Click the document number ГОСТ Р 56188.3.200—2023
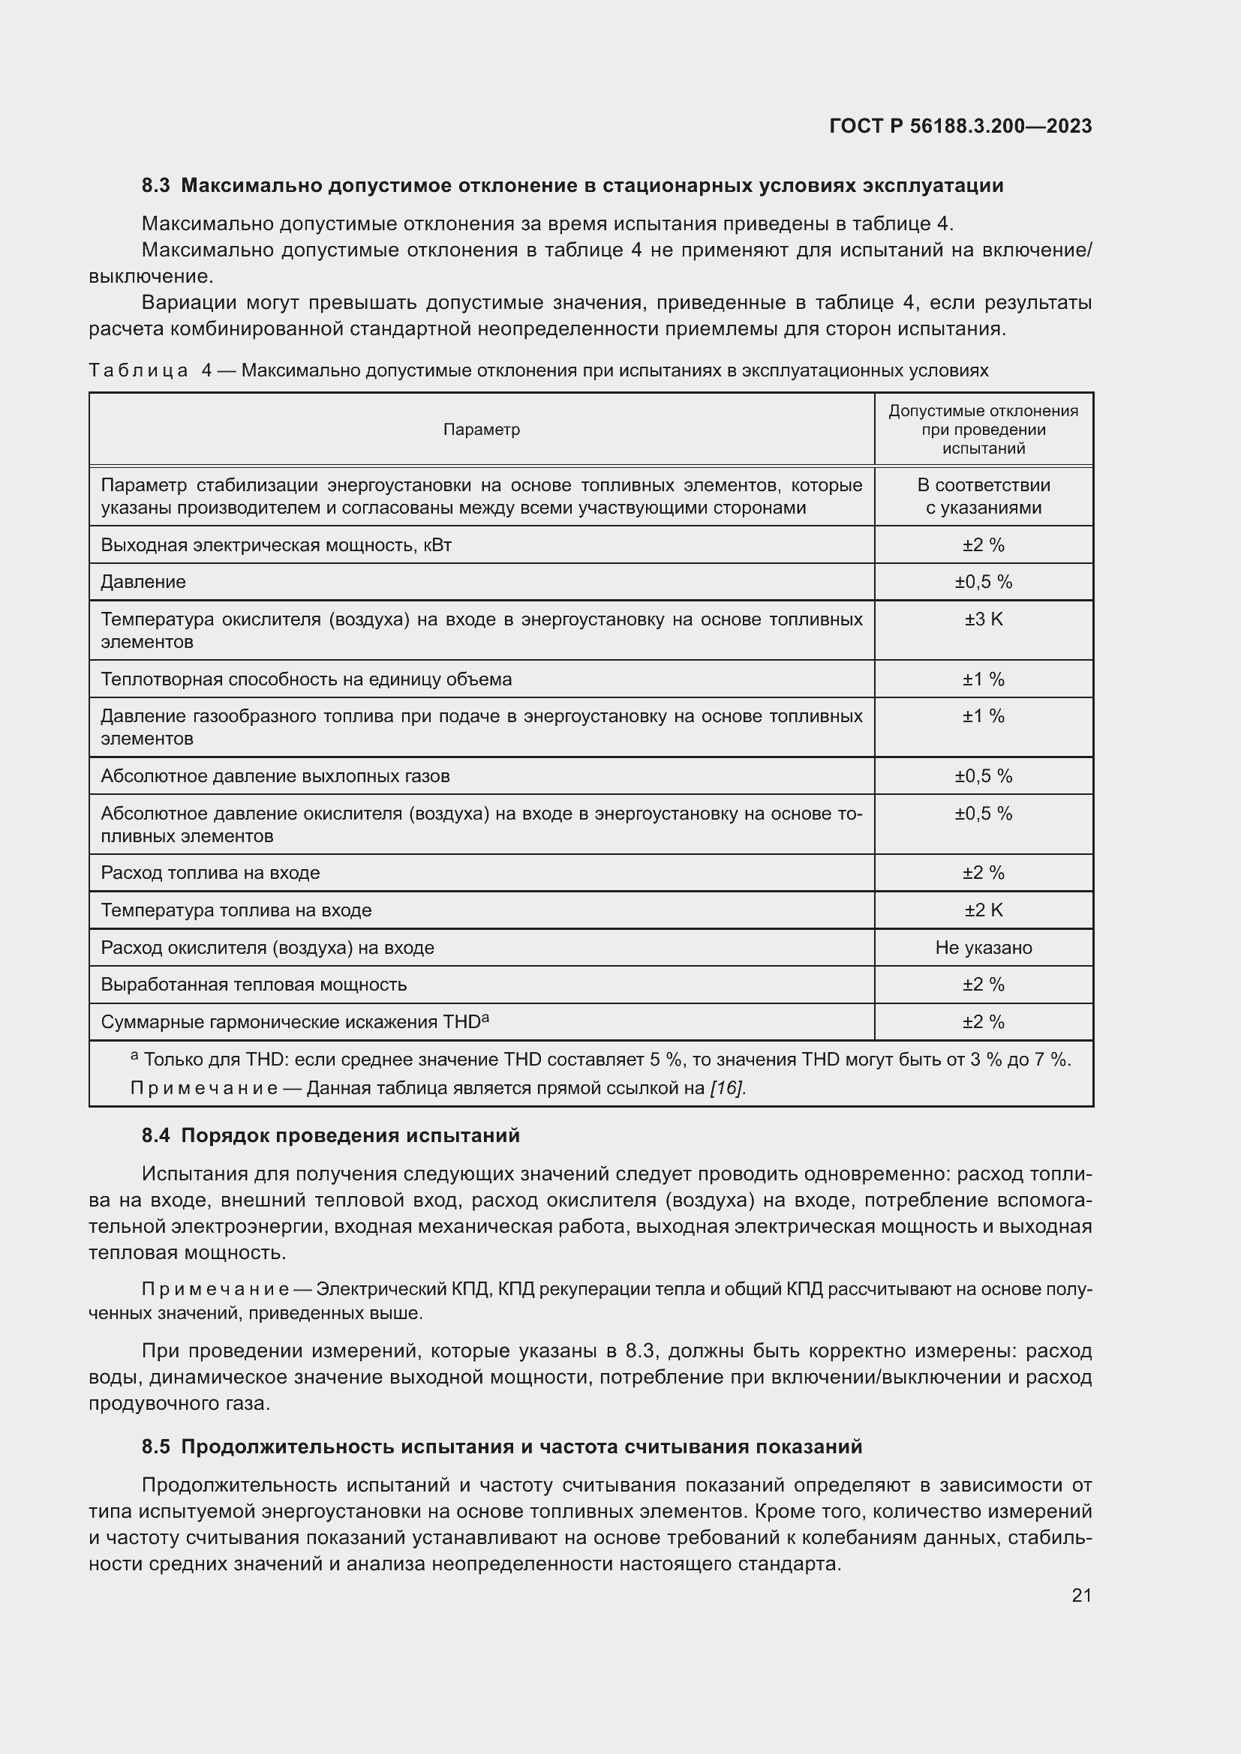pos(960,126)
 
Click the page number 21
pos(1081,1595)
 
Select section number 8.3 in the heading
pos(156,186)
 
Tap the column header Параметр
pos(482,430)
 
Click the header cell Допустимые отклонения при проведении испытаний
pos(983,430)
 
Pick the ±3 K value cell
pos(983,619)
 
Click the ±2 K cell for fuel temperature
pos(983,910)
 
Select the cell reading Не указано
pos(983,947)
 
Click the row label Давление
pos(143,582)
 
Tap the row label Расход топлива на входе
pos(210,872)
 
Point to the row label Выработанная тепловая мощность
pos(254,985)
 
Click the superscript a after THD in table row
pos(485,1018)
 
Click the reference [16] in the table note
pos(727,1088)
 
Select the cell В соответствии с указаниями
pos(983,496)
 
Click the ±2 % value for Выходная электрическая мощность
pos(983,544)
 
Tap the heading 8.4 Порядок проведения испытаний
pos(330,1135)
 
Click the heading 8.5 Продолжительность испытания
pos(501,1446)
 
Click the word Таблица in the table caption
pos(138,370)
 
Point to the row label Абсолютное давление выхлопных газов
pos(275,776)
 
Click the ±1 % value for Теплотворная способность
pos(983,679)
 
